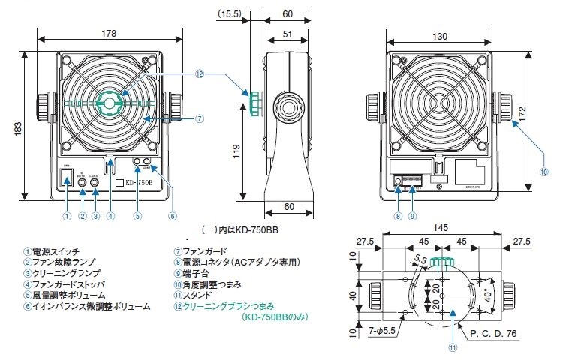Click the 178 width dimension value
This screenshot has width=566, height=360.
110,32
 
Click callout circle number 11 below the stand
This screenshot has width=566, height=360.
452,347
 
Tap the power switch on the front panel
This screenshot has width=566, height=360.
67,178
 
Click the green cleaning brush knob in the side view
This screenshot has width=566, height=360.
255,103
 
